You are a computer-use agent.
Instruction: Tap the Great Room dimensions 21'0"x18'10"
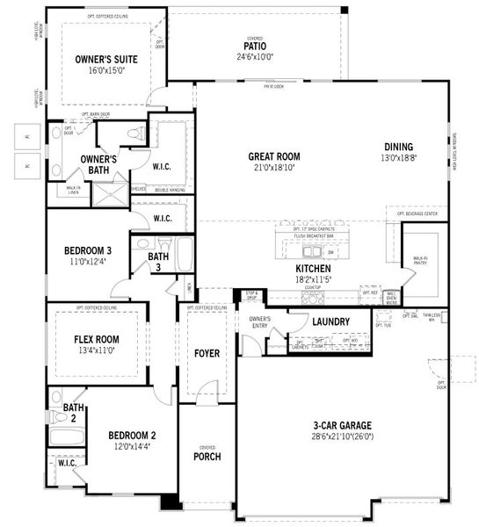coord(273,169)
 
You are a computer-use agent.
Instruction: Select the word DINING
coord(398,147)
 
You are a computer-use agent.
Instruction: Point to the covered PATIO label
coord(255,46)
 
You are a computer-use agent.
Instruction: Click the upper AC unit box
coord(27,136)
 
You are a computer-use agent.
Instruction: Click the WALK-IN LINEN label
coord(74,189)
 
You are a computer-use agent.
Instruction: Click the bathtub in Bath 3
coord(185,253)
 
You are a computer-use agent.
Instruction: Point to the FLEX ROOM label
coord(97,339)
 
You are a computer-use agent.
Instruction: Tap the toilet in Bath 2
coord(57,397)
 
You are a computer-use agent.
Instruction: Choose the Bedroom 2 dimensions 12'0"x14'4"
coord(132,446)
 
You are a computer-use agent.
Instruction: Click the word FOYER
coord(207,353)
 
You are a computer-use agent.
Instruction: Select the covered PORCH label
coord(207,457)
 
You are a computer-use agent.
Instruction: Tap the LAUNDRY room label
coord(330,322)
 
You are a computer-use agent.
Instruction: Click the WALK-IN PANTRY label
coord(420,260)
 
